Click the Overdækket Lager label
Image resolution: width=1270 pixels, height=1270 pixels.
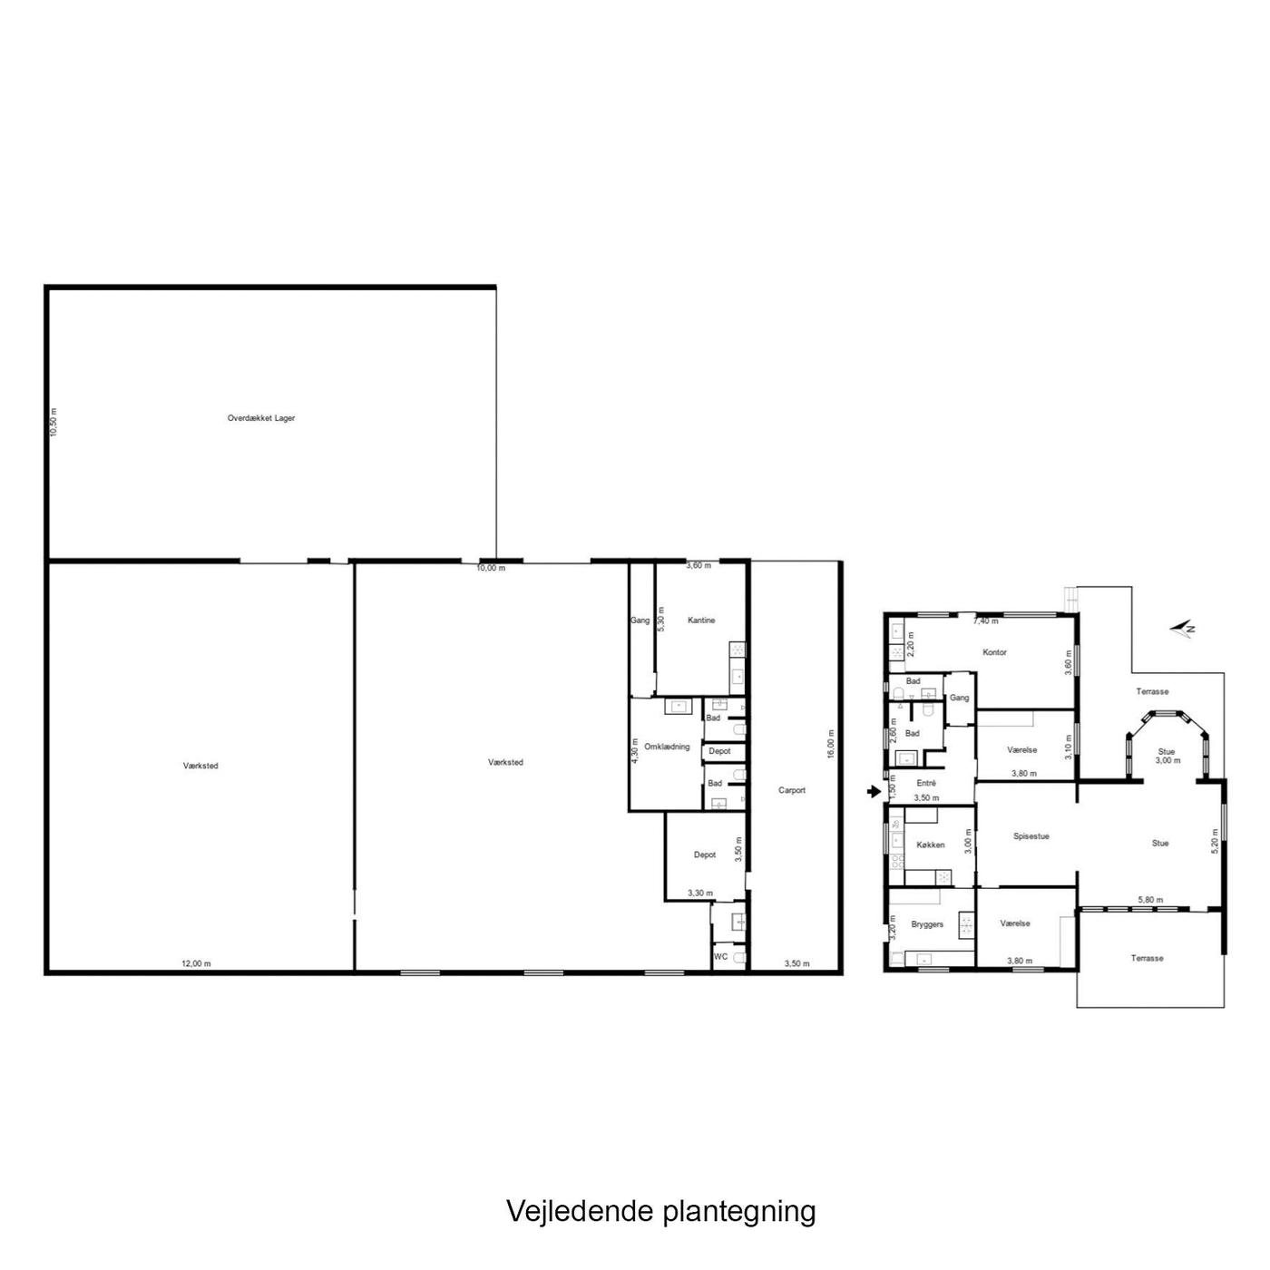(x=261, y=418)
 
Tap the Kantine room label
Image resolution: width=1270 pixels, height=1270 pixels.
(x=701, y=620)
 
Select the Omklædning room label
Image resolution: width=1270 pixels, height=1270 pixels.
(x=668, y=747)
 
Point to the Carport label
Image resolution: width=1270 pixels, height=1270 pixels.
(x=792, y=790)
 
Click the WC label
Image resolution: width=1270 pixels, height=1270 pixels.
(x=720, y=957)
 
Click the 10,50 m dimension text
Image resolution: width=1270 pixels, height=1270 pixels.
(x=54, y=422)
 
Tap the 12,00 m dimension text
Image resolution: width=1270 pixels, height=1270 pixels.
(x=197, y=963)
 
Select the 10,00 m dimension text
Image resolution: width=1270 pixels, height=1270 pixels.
(x=491, y=568)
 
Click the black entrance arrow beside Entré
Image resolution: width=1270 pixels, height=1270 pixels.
(x=874, y=792)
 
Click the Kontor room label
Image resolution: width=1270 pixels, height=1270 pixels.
(x=994, y=652)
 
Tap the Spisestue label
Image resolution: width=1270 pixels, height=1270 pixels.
(x=1031, y=836)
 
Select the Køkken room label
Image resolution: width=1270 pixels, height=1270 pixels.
(x=931, y=845)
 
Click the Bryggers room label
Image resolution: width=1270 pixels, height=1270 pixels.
(x=927, y=924)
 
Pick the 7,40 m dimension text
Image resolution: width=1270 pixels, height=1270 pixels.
(x=985, y=620)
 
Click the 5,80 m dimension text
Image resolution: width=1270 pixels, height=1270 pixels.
(x=1151, y=900)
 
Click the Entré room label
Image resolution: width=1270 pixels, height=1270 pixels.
(x=925, y=784)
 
